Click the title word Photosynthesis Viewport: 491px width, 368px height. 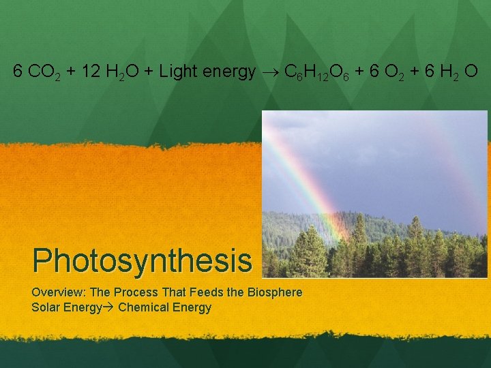142,260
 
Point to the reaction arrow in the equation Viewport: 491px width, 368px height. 270,72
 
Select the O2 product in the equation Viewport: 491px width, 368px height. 397,72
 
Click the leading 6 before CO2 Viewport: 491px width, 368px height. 17,71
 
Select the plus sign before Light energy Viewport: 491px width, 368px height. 148,71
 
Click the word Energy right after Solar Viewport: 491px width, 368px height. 83,307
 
